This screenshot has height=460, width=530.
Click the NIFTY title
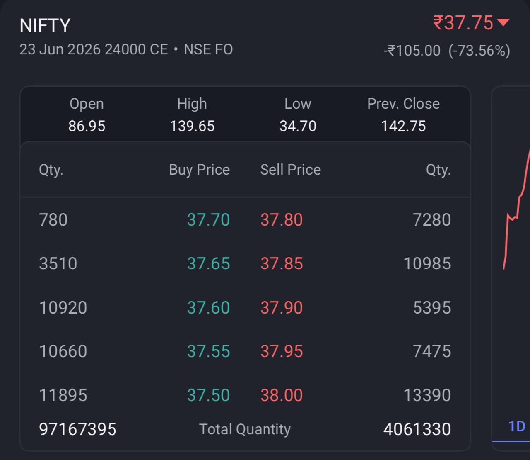point(45,25)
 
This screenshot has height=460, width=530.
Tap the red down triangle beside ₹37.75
point(503,22)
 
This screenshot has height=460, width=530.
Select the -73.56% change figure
point(479,50)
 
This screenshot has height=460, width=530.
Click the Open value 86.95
point(87,126)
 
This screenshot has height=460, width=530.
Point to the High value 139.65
point(192,126)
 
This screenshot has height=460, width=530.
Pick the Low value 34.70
point(298,126)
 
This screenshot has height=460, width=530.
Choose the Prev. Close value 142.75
point(403,126)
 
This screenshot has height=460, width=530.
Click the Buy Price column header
point(199,170)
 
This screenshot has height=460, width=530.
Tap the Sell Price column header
point(291,170)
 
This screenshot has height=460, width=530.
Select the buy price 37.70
point(208,220)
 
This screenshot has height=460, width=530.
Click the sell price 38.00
point(282,395)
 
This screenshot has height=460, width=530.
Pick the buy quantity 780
point(53,220)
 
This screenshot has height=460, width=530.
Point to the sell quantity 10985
point(427,263)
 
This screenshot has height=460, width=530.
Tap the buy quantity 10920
point(63,308)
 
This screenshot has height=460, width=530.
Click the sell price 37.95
point(282,351)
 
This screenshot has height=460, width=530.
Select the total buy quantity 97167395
point(77,429)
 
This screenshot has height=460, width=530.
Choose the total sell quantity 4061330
point(417,429)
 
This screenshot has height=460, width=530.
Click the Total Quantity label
point(245,429)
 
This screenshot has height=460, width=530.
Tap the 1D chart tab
point(517,427)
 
